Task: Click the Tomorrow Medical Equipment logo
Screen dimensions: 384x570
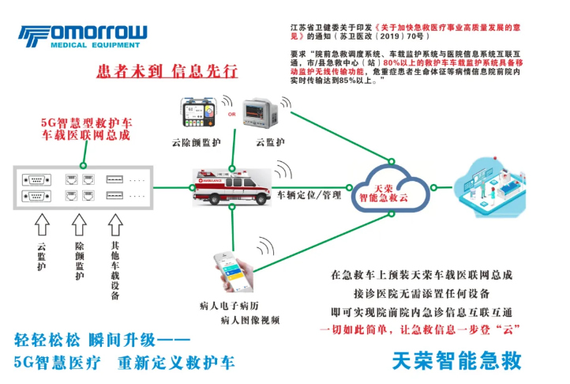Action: click(84, 37)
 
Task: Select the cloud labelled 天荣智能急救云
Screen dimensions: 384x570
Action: click(394, 186)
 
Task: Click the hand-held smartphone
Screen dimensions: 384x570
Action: click(238, 275)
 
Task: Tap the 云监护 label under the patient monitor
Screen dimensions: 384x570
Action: click(270, 143)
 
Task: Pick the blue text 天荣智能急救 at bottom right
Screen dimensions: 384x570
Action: click(457, 360)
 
